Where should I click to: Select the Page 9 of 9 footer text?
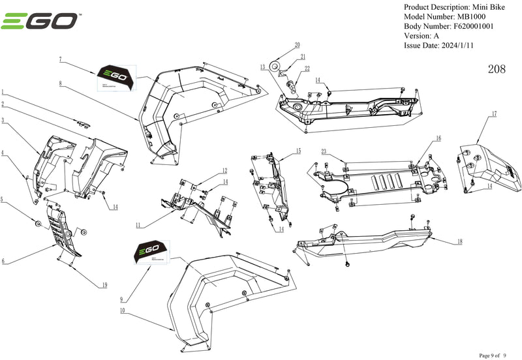point(497,355)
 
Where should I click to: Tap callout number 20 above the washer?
point(297,46)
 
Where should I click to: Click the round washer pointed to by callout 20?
point(277,65)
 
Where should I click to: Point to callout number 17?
point(494,114)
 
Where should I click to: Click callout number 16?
point(438,138)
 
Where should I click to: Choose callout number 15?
point(298,151)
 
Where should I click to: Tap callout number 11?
point(138,225)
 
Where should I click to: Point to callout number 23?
point(324,151)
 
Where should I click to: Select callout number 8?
point(59,83)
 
